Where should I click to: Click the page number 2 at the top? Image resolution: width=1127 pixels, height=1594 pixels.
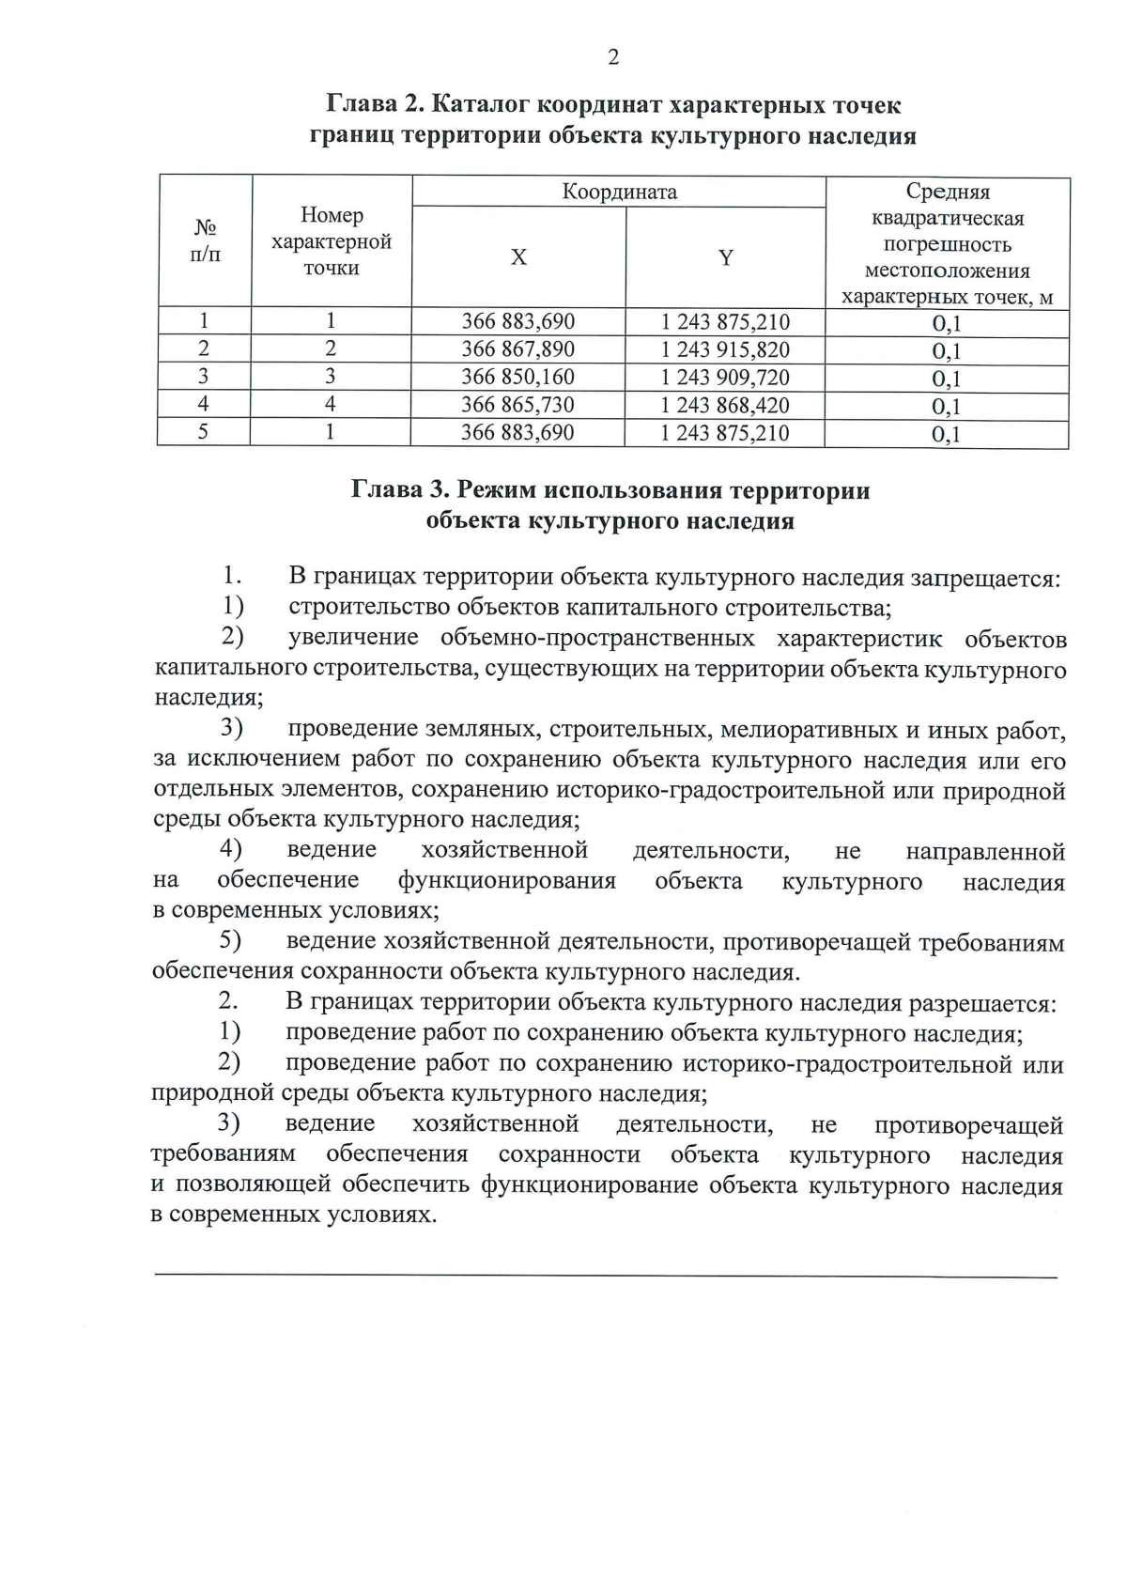pos(613,58)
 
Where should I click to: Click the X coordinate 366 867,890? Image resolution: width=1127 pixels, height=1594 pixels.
pos(517,349)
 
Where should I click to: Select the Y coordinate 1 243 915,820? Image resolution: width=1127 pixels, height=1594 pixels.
pos(725,350)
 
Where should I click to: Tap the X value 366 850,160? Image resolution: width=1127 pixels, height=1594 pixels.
pos(517,378)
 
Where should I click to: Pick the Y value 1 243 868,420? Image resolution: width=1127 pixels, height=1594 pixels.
pos(725,406)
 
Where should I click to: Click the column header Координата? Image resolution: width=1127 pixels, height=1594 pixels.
pos(619,193)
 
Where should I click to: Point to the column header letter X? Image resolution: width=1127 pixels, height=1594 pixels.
pos(518,257)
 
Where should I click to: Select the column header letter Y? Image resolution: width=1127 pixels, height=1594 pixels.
pos(726,257)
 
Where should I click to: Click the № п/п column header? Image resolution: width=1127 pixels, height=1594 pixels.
pos(206,240)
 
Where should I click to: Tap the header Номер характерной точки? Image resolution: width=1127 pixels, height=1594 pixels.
pos(332,241)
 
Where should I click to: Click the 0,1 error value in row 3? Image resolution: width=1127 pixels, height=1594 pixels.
pos(946,379)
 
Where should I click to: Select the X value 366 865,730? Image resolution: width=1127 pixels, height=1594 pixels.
pos(517,405)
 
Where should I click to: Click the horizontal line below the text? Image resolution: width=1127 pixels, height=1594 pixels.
pos(605,1276)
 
